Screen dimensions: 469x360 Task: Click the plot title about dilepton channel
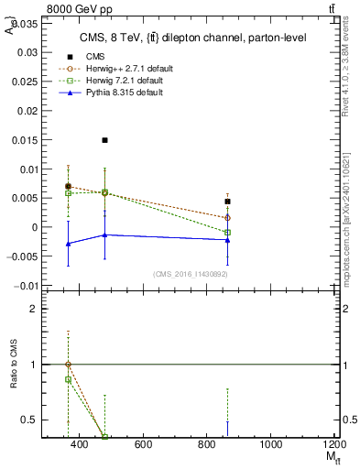point(178,38)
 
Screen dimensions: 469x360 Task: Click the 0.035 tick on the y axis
point(24,25)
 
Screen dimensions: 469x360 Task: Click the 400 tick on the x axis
point(79,445)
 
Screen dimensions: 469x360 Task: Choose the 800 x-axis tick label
point(207,445)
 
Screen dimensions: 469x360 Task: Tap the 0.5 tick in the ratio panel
point(29,420)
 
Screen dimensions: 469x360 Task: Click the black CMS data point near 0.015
point(105,140)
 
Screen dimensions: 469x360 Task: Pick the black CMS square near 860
point(227,202)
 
